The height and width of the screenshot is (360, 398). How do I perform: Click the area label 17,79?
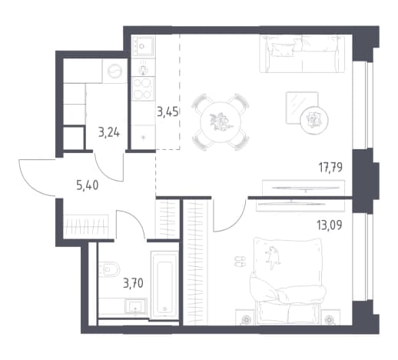pos(330,168)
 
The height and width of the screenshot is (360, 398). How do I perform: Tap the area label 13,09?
pos(330,225)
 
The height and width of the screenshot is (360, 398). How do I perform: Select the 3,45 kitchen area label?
pos(167,112)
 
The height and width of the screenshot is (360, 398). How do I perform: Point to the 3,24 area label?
pos(109,133)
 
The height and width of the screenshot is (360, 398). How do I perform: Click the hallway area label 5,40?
pos(88,185)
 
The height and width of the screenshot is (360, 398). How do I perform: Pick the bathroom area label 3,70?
pos(133,284)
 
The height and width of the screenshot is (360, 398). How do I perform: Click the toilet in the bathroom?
pos(109,269)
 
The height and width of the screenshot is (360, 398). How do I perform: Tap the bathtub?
pos(164,285)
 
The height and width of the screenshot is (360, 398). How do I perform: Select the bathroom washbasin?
pos(136,306)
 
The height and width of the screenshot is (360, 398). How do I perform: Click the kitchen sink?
pos(143,46)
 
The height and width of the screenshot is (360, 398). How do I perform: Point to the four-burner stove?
pos(143,88)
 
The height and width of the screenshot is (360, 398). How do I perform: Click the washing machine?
pos(114,71)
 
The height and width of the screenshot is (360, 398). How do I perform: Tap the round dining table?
pos(221,122)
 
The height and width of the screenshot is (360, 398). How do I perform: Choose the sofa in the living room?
pos(302,54)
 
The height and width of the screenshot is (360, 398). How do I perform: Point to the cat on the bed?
pos(273,258)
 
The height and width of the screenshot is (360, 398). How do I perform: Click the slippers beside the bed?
pos(240,261)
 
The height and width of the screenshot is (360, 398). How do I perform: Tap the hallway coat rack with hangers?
pos(86,226)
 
